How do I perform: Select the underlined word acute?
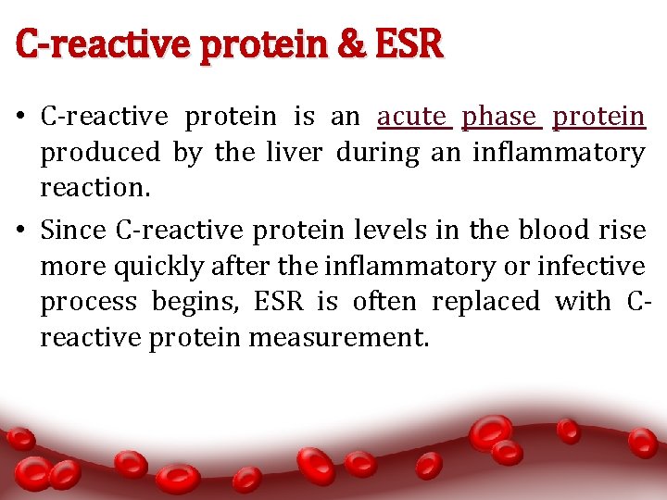point(412,117)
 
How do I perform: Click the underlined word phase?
point(499,117)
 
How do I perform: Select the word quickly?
point(157,267)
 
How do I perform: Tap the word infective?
point(595,267)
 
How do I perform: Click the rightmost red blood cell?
point(642,443)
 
